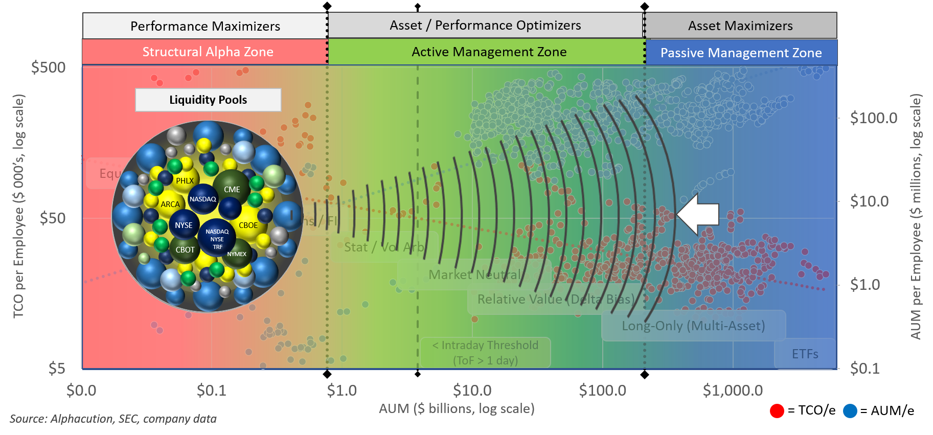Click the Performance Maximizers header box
tap(204, 26)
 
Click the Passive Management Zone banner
tap(741, 53)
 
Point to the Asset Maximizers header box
tap(740, 26)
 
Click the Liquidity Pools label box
tap(208, 100)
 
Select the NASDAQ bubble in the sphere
tap(203, 199)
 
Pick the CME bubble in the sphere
tap(232, 189)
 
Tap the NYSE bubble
tap(184, 225)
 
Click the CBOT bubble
tap(185, 249)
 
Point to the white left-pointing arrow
tap(698, 214)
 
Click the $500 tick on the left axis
tap(49, 67)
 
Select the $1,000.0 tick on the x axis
tap(732, 391)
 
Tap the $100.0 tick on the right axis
tap(873, 118)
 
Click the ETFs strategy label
tap(805, 354)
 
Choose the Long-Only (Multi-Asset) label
tap(693, 326)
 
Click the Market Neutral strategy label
tap(474, 275)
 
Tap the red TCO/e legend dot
tap(777, 410)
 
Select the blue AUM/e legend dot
tap(850, 410)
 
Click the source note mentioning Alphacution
tap(113, 419)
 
